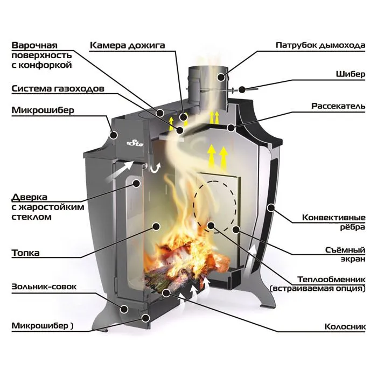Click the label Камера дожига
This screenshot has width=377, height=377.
127,45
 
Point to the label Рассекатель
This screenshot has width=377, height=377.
338,106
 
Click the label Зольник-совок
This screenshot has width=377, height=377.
44,287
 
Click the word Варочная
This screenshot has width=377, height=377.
34,45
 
